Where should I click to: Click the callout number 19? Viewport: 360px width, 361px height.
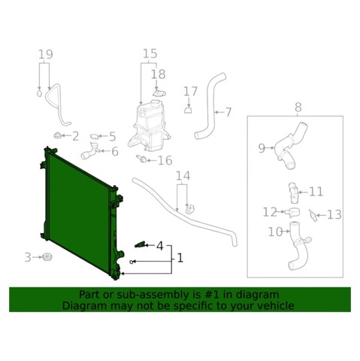46,54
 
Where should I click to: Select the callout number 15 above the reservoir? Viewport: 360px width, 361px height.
150,53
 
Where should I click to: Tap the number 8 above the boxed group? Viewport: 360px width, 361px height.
298,108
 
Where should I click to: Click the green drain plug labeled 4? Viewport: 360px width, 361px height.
140,244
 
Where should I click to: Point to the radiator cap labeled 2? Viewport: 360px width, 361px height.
58,135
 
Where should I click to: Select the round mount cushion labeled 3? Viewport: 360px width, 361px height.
47,257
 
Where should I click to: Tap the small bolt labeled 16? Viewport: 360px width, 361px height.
141,159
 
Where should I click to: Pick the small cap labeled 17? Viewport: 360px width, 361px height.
188,110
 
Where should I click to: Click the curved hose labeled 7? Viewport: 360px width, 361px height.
210,105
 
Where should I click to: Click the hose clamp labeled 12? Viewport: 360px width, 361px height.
293,213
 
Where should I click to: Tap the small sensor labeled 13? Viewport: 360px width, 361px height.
313,215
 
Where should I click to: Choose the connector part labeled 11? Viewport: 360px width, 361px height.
293,193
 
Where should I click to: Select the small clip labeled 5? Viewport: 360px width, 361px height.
95,136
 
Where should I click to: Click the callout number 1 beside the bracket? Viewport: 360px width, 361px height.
180,258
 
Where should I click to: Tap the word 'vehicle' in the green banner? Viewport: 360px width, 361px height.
277,305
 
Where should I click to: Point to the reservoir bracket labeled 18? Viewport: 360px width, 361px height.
159,93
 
